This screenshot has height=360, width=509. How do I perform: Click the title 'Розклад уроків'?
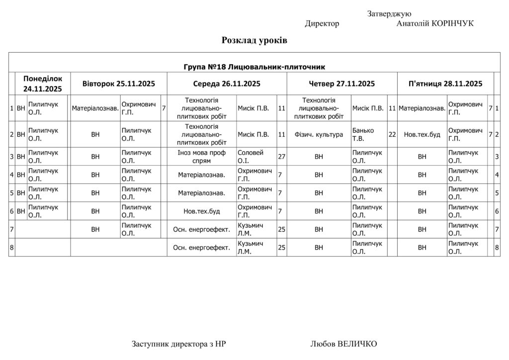(x=254, y=40)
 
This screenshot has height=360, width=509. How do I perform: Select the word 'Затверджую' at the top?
(x=389, y=14)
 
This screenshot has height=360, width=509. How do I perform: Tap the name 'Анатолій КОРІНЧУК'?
(x=435, y=24)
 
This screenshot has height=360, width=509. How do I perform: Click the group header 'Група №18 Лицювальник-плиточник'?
(x=254, y=67)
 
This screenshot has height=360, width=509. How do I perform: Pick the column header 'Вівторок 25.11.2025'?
(x=118, y=84)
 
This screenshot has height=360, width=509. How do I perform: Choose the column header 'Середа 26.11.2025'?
(x=227, y=84)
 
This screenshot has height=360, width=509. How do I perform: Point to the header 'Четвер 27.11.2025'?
(x=341, y=84)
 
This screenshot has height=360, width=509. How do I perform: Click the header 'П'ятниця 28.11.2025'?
(x=445, y=84)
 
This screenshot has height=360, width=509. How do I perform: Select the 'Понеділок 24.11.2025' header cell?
(x=42, y=84)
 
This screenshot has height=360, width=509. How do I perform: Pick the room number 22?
(x=392, y=135)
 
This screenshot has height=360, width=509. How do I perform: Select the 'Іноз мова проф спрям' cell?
(x=201, y=157)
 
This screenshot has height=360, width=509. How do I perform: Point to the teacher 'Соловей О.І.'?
(x=251, y=157)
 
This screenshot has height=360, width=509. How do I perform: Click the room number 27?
(x=282, y=157)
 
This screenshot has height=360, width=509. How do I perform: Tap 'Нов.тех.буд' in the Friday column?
(x=422, y=135)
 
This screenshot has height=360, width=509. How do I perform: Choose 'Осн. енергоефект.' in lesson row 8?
(x=201, y=248)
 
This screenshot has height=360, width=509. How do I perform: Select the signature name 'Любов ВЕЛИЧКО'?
(x=343, y=344)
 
